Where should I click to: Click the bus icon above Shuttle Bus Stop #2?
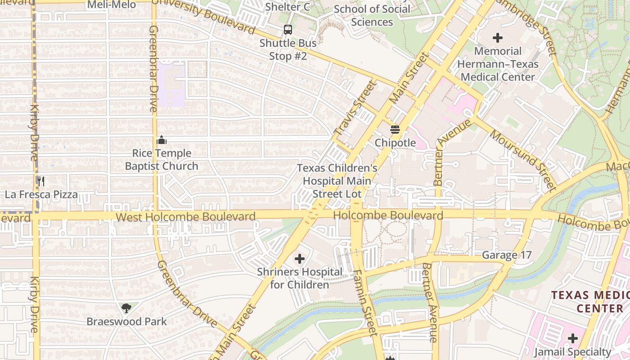pos(288,30)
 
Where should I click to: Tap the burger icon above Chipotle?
pos(395,130)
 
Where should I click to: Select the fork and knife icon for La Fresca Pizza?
pos(41,181)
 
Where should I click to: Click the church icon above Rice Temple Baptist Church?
pos(162,140)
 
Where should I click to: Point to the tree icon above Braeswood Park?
pos(126,308)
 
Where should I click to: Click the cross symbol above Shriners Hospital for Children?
pos(300,259)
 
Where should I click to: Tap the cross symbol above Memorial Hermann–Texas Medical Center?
pos(498,38)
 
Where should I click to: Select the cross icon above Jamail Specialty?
pos(572,338)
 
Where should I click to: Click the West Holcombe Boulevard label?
pos(185,217)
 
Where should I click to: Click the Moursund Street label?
pos(523,160)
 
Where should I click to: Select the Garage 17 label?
pos(507,255)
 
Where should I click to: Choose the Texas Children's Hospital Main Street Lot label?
pos(337,181)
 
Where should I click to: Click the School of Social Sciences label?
pos(372,15)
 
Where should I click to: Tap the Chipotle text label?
pos(395,143)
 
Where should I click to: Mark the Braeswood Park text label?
pos(126,321)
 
